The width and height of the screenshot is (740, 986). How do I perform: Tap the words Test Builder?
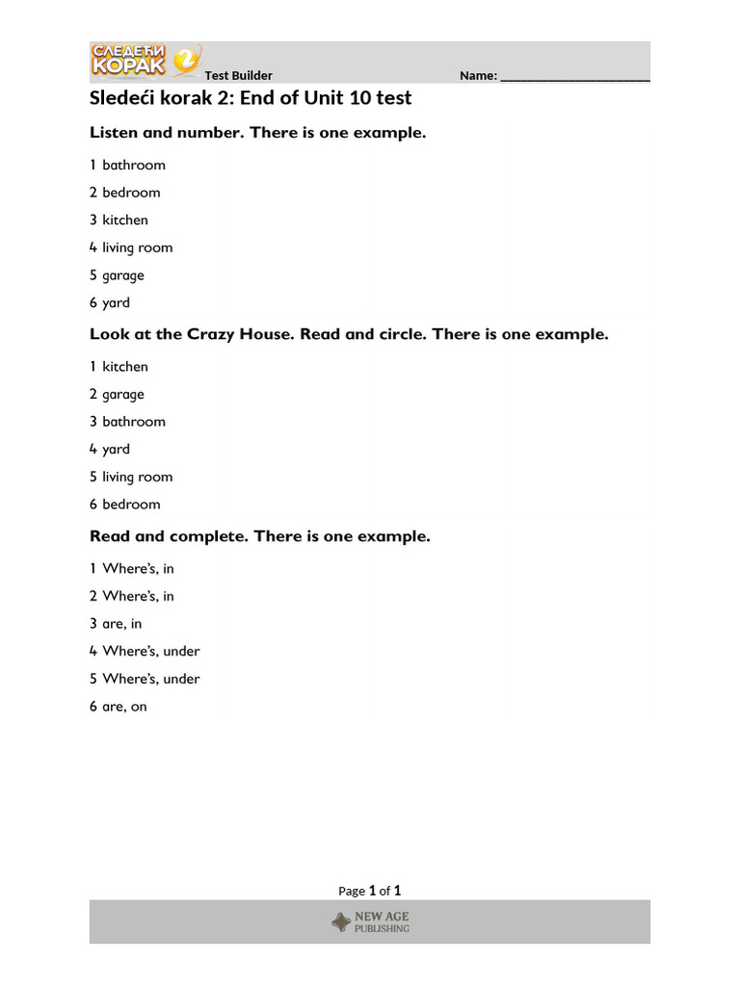[x=238, y=75]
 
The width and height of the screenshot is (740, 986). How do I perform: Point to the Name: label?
[x=478, y=75]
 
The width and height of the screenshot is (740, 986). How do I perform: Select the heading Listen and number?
[x=167, y=133]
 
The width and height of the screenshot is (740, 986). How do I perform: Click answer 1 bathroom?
[x=127, y=165]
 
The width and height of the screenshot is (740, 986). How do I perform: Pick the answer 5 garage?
[x=117, y=275]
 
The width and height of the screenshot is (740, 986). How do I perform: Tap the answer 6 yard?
[x=110, y=302]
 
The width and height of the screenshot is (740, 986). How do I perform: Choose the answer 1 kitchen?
[x=119, y=366]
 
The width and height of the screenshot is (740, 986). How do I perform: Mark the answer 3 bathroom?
[x=127, y=422]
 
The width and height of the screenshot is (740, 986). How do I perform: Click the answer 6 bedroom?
[x=125, y=505]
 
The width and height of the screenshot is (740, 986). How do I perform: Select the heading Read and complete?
[x=170, y=536]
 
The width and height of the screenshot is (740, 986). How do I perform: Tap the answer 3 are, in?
[x=116, y=623]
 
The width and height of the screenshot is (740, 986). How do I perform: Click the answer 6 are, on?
[x=118, y=707]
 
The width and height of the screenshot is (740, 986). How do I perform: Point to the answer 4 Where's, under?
[x=145, y=651]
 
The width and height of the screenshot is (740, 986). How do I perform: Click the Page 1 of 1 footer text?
[x=370, y=891]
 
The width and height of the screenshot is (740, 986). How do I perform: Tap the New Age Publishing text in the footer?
[x=383, y=922]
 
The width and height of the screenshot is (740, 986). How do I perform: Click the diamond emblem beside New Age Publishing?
[x=341, y=922]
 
